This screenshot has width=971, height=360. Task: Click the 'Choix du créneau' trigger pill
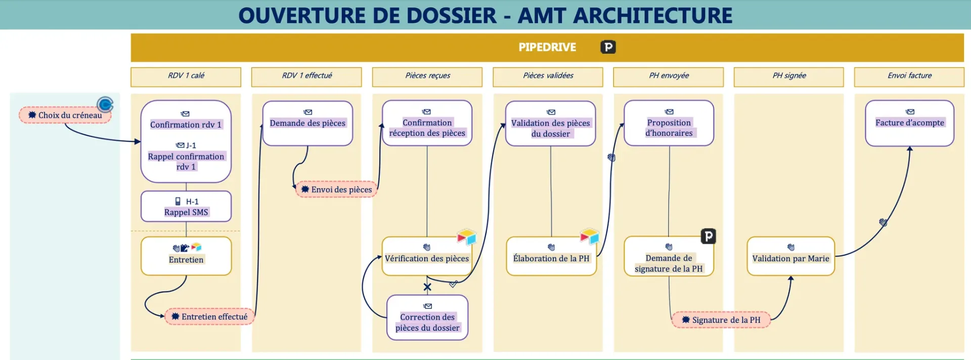coord(65,115)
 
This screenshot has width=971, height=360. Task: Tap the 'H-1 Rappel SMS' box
coord(186,206)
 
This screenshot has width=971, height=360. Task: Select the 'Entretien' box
coord(186,256)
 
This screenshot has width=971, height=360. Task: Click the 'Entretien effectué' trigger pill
coord(209,317)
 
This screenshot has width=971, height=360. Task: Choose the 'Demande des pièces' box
coord(307,123)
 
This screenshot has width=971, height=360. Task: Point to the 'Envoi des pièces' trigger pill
coord(337,190)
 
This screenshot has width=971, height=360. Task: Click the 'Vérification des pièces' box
coord(427,257)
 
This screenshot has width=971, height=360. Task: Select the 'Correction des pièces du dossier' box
coord(427,318)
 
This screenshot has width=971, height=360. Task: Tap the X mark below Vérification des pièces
coord(427,287)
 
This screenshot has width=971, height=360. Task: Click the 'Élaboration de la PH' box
coord(551,257)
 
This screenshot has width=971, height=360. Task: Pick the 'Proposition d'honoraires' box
coord(669,123)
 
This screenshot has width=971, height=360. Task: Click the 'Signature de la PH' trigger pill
coord(721,320)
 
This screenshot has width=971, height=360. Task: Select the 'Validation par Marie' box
coord(790,257)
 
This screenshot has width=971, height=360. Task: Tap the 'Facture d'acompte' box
coord(909,123)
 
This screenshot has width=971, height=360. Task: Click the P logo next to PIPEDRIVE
coord(608,47)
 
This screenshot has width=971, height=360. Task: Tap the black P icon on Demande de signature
coord(708,236)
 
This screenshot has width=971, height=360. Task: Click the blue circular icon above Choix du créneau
coord(105,105)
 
